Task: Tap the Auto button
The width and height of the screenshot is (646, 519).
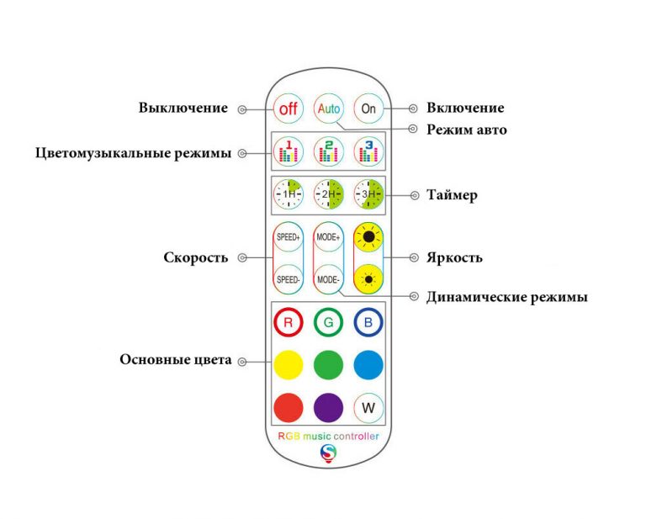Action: coord(328,109)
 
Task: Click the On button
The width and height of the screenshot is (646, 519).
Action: coord(368,109)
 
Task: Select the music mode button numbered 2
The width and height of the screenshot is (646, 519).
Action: coord(328,151)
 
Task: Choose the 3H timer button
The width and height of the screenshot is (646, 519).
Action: coord(368,194)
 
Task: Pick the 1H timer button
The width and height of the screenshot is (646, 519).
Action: coord(289,194)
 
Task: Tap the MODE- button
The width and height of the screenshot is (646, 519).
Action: coord(328,278)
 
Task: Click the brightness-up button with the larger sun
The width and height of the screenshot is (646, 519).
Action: coord(368,238)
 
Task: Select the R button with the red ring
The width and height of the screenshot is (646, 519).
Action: coord(289,323)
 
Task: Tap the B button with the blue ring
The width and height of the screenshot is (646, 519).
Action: coord(368,323)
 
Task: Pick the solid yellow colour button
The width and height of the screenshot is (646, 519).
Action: coord(289,365)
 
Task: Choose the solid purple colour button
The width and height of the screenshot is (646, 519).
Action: coord(328,408)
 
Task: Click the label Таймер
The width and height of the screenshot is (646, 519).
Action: coord(452,195)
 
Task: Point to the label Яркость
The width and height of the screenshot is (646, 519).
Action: coord(454,257)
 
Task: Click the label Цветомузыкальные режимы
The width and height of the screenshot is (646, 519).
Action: coord(134,153)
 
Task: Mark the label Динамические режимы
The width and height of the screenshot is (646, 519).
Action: coord(506,297)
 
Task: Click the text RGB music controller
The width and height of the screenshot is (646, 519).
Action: coord(328,436)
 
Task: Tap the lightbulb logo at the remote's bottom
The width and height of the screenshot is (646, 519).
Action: coord(328,453)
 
